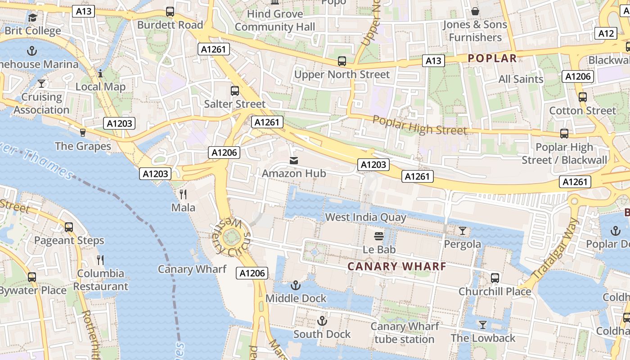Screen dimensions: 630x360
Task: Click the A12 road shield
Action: [607, 33]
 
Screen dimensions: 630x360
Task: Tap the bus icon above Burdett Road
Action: [170, 12]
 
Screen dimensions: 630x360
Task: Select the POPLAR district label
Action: [492, 58]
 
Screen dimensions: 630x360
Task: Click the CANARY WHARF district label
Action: [397, 266]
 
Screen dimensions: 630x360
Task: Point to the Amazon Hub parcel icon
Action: [294, 160]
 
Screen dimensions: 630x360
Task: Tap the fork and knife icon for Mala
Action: [183, 194]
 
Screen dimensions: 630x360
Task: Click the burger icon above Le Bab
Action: [379, 236]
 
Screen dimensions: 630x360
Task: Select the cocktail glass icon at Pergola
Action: [462, 231]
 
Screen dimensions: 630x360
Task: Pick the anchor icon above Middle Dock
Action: [295, 285]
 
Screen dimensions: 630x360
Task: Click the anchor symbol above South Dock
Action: [322, 321]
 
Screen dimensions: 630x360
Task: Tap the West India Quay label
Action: [365, 217]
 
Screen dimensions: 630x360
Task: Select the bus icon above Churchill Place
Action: [495, 278]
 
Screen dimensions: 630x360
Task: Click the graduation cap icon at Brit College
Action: [33, 18]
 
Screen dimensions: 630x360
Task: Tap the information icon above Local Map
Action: [100, 73]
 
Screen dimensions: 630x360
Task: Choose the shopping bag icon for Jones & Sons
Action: [475, 11]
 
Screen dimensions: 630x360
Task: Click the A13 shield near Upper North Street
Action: [433, 61]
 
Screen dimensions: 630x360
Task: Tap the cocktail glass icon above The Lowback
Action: [483, 324]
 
